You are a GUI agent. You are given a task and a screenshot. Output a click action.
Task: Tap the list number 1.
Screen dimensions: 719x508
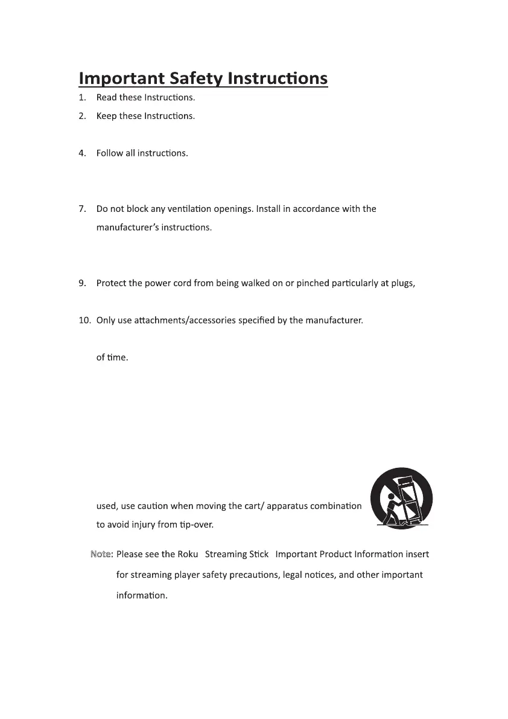click(81, 97)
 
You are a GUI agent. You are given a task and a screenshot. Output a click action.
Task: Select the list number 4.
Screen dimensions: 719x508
click(81, 153)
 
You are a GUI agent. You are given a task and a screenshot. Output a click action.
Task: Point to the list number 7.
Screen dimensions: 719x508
click(81, 209)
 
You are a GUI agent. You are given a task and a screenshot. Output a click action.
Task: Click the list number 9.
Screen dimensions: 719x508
click(81, 283)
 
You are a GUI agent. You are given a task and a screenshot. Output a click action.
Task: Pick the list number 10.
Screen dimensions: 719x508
click(84, 320)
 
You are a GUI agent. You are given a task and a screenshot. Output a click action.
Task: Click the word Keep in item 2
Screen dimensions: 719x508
click(106, 116)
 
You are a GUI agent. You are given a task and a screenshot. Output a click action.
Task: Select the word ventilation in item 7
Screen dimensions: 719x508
click(186, 209)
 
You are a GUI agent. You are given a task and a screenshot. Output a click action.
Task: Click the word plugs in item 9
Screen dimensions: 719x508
click(402, 283)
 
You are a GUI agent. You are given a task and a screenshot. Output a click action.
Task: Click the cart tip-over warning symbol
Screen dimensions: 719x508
click(401, 499)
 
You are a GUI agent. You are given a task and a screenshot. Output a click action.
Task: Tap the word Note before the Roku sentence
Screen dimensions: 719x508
click(101, 554)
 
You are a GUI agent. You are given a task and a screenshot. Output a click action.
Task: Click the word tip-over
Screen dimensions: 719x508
click(197, 525)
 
